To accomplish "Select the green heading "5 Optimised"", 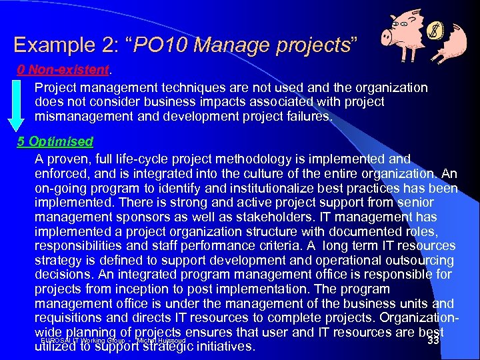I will [x=55, y=141].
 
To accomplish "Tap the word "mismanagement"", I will [x=78, y=116].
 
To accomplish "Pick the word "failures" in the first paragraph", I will [x=307, y=116].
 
